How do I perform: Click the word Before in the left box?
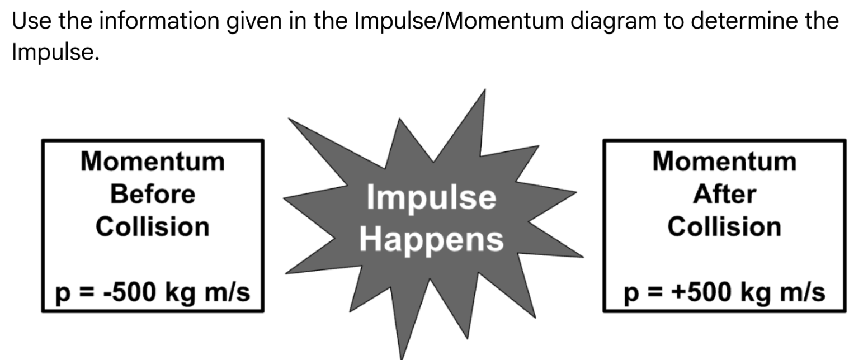(x=152, y=195)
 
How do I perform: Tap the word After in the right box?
(x=724, y=195)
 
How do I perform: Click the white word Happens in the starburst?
(x=431, y=239)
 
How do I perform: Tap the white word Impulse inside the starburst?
(x=431, y=198)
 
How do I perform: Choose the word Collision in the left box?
(x=152, y=227)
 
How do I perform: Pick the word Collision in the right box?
(x=724, y=227)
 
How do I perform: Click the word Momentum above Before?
(x=152, y=162)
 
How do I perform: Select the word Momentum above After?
(x=724, y=162)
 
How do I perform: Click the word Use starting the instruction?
(x=29, y=21)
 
